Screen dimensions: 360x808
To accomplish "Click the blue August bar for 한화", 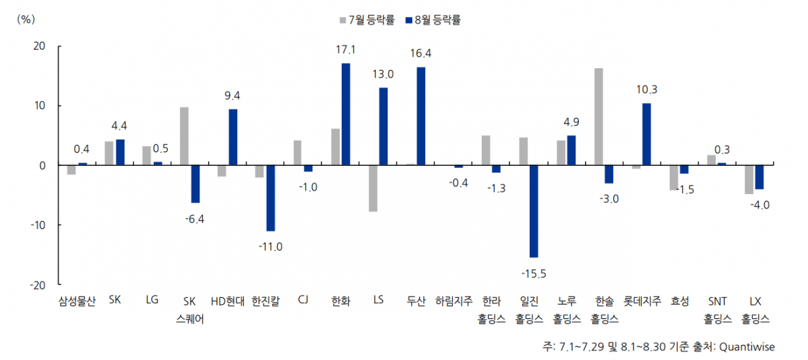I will [346, 114].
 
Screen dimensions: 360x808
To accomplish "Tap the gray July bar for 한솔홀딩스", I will [598, 117].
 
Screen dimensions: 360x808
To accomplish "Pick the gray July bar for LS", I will [372, 188].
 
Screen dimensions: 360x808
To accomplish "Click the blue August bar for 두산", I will [421, 116].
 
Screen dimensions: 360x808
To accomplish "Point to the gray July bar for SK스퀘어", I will [184, 136].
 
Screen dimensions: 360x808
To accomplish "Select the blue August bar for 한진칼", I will [270, 198].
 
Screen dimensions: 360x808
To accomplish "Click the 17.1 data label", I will [345, 50].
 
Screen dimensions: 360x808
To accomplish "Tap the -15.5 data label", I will [534, 273].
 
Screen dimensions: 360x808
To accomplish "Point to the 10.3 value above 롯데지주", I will [646, 90].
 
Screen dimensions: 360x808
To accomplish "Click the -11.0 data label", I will [270, 247].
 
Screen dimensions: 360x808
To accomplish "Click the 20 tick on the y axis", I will [40, 46].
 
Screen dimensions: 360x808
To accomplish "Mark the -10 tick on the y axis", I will [37, 224].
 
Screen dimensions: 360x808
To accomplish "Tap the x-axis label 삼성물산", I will [77, 301].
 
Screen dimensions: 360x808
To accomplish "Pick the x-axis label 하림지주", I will [454, 301].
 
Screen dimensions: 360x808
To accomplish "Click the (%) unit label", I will [25, 19].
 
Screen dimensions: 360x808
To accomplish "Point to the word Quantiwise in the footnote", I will [747, 347].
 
